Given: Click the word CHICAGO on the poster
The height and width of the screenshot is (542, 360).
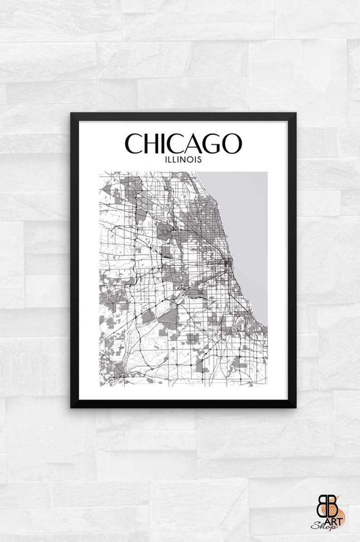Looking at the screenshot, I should coord(183,143).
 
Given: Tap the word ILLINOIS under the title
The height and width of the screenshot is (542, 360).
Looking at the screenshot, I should coord(183,160).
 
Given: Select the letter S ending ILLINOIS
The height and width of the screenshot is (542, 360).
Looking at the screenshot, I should coord(199,160).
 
